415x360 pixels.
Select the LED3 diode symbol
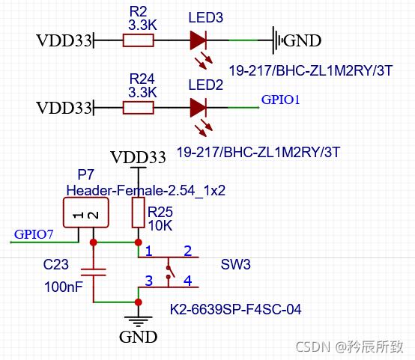(x=199, y=40)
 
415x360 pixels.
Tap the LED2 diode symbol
(x=199, y=108)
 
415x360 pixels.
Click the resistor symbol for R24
(x=139, y=108)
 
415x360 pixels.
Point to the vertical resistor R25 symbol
(x=138, y=213)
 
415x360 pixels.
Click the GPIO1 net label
(x=280, y=99)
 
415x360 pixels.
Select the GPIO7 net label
(x=34, y=234)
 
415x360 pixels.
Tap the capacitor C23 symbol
(x=93, y=272)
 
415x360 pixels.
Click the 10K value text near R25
(x=160, y=225)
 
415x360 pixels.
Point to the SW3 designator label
(x=235, y=265)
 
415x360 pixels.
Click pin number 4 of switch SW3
(x=187, y=281)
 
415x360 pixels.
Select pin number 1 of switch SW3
(x=149, y=250)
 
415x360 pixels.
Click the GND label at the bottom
(x=139, y=338)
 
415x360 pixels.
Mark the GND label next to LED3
(x=303, y=40)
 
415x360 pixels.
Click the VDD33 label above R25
(x=138, y=157)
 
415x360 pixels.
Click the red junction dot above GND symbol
(x=138, y=302)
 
